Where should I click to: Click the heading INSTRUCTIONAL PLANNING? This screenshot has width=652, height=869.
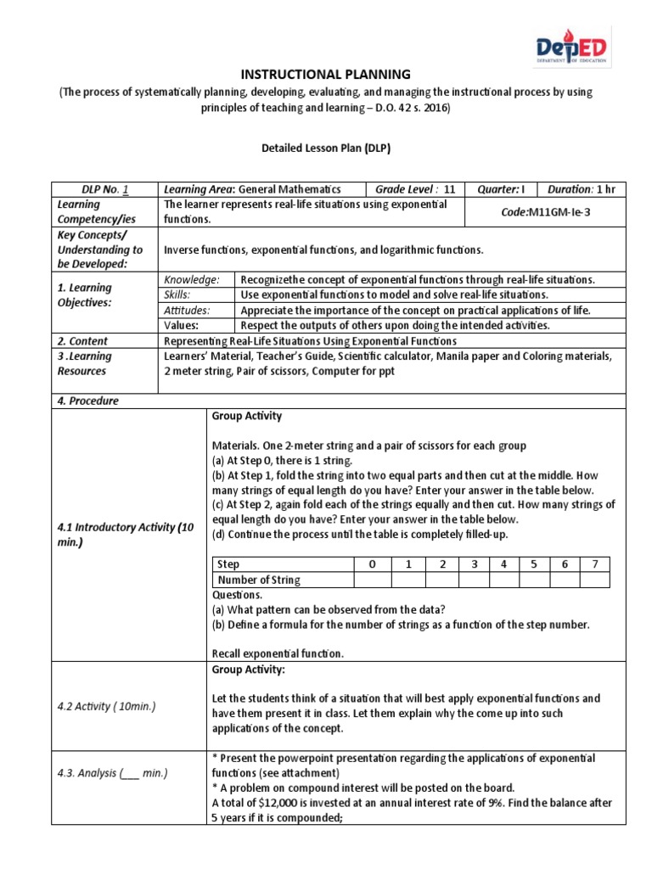[326, 75]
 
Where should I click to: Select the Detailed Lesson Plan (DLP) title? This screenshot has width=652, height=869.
[326, 148]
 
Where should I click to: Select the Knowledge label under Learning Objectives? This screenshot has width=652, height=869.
[192, 279]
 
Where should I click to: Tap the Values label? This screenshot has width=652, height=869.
[181, 325]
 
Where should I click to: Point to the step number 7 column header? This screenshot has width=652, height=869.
[594, 564]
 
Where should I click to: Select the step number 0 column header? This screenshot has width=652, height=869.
[371, 564]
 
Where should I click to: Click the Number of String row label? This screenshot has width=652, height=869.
[260, 580]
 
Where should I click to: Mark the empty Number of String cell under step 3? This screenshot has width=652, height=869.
[475, 580]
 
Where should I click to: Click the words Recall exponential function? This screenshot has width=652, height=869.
[277, 653]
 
